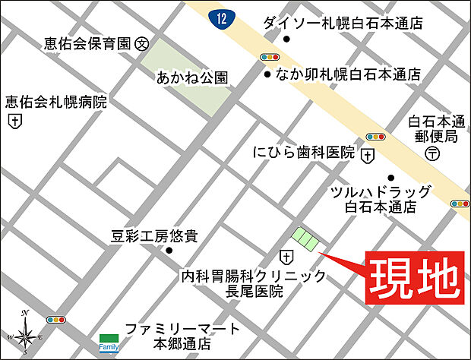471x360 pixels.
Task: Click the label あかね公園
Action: [192, 77]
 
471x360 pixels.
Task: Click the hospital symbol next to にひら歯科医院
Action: [368, 154]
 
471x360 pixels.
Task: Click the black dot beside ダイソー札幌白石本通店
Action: [286, 39]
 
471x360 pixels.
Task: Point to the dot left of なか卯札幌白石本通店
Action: [267, 75]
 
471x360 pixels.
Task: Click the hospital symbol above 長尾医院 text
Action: [287, 255]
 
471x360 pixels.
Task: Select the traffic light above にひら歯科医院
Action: [376, 137]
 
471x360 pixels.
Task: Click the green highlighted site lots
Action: [307, 238]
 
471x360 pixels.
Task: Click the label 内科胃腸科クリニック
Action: [254, 275]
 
